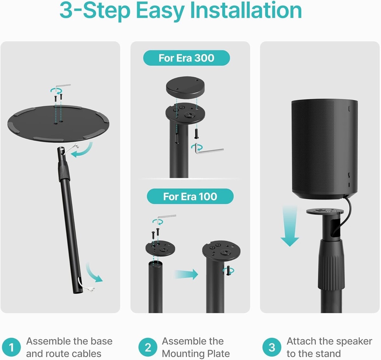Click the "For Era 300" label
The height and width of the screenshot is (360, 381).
coord(186,58)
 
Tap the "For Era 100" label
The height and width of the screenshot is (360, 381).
coord(190,196)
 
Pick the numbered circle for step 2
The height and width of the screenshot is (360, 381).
coord(148,347)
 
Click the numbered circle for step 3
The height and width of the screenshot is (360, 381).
coord(272,347)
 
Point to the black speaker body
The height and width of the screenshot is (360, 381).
coord(324,149)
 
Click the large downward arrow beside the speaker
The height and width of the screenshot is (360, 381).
coord(290,226)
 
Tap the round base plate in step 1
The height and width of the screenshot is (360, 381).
coord(58,124)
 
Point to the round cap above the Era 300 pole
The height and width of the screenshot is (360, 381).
coord(185,88)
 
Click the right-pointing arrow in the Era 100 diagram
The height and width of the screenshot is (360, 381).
coord(186,274)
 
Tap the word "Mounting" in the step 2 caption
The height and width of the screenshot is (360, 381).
coord(183,354)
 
